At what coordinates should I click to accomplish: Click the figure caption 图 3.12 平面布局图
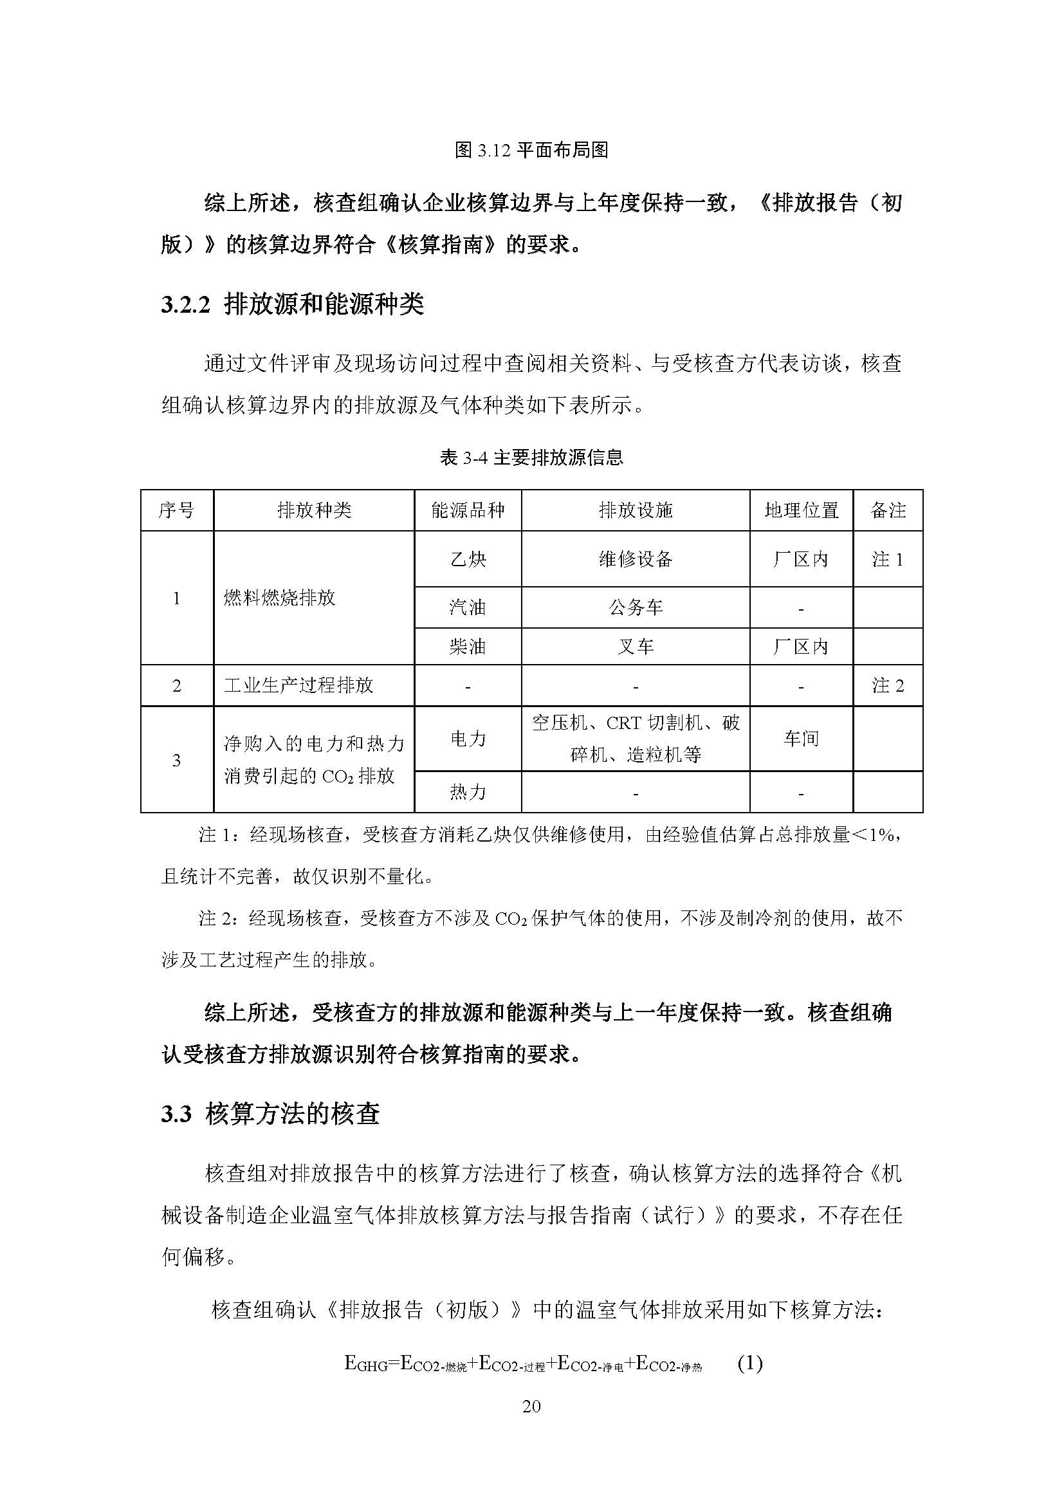(x=531, y=151)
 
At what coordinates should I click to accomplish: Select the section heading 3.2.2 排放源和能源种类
(x=292, y=305)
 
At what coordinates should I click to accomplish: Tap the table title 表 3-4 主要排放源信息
(x=531, y=457)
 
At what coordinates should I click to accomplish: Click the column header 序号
(x=176, y=511)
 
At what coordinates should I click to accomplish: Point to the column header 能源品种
(x=468, y=511)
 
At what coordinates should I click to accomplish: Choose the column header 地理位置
(x=802, y=511)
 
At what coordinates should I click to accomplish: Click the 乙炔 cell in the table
(x=468, y=559)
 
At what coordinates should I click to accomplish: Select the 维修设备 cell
(x=636, y=559)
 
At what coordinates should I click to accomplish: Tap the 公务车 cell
(x=636, y=607)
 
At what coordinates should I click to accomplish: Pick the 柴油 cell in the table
(x=468, y=647)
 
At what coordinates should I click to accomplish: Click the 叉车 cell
(x=636, y=647)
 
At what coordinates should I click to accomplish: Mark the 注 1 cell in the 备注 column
(x=888, y=559)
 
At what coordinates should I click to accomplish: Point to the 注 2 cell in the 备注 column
(x=888, y=686)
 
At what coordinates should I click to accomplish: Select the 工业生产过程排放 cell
(x=298, y=686)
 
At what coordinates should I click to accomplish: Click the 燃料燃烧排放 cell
(x=280, y=598)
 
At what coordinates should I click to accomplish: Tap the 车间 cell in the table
(x=802, y=739)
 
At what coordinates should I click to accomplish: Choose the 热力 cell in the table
(x=468, y=793)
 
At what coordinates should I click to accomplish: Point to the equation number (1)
(x=750, y=1364)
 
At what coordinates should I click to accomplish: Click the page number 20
(x=531, y=1406)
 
